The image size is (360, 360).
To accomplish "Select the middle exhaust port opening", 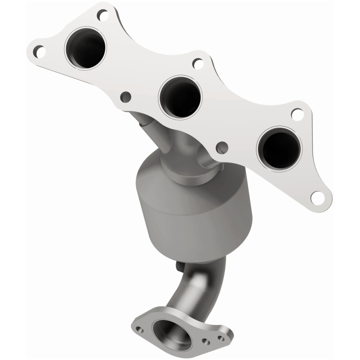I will [180, 95].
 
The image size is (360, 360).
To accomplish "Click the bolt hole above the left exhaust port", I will [103, 16].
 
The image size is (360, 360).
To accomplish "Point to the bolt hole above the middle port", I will [198, 63].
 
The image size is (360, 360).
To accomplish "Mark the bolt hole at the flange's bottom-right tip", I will [318, 197].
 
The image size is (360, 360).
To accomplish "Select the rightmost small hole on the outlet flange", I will [220, 337].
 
